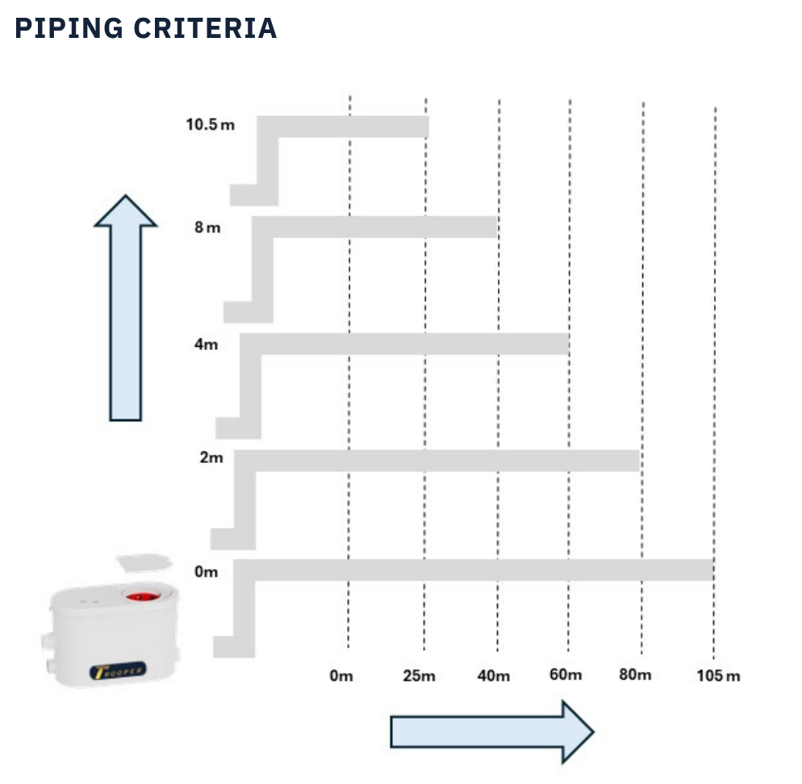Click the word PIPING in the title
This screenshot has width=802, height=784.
[x=67, y=28]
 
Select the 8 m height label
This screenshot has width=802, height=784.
[x=207, y=227]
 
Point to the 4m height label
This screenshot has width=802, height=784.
[x=206, y=344]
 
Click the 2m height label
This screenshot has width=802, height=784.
[x=211, y=458]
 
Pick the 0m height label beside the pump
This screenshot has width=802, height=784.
[x=207, y=572]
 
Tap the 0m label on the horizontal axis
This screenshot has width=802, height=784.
[x=341, y=675]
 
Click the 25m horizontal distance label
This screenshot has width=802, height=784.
[x=419, y=675]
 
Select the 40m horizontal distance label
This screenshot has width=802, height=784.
[x=494, y=675]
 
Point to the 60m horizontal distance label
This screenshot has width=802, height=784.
[x=566, y=674]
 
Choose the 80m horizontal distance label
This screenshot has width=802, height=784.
[x=635, y=674]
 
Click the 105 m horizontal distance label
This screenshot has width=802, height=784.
[x=718, y=675]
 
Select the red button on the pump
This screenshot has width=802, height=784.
[x=140, y=598]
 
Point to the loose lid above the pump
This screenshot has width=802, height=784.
[x=144, y=562]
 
